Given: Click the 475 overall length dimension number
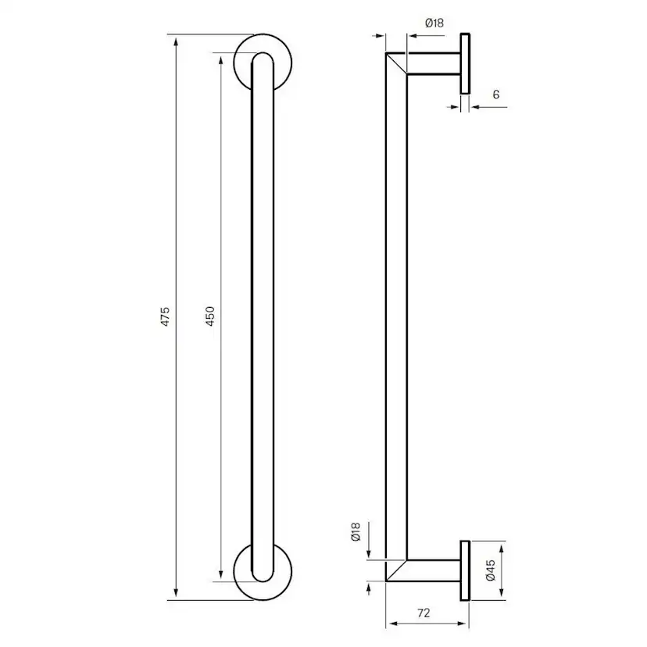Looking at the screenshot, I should [165, 316].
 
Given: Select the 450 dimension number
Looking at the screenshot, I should [210, 316].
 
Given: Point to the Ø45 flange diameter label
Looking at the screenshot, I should [491, 571].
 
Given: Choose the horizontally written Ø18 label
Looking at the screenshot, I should [434, 23].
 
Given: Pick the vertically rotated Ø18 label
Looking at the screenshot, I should [356, 534].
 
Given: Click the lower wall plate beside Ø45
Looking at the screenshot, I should [465, 570].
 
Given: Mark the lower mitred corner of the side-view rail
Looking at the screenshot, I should [397, 570].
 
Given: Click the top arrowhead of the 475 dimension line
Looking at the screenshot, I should [175, 39].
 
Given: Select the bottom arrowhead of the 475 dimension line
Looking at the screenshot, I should [175, 596].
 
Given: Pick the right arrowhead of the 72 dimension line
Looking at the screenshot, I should [463, 624].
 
